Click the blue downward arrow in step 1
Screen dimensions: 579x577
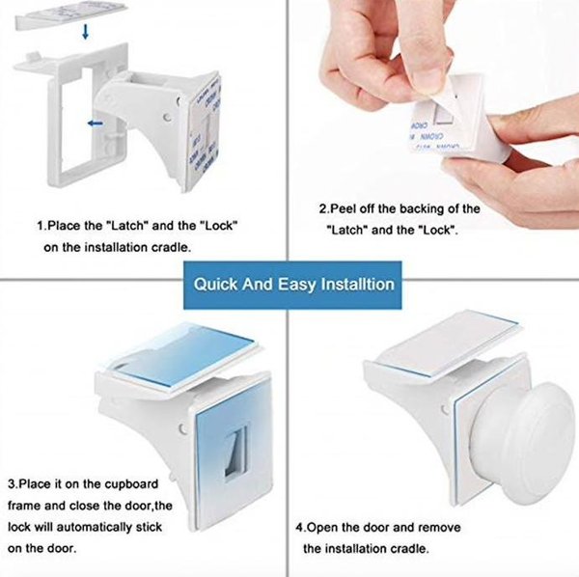coord(86,32)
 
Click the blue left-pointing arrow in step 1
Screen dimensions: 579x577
coord(96,124)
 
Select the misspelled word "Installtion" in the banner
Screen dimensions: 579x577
coord(358,285)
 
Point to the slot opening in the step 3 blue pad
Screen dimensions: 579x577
coord(236,452)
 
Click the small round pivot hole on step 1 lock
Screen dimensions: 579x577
coord(168,118)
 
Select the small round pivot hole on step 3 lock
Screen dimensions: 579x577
coord(182,428)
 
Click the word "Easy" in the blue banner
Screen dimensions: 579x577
coord(297,285)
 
